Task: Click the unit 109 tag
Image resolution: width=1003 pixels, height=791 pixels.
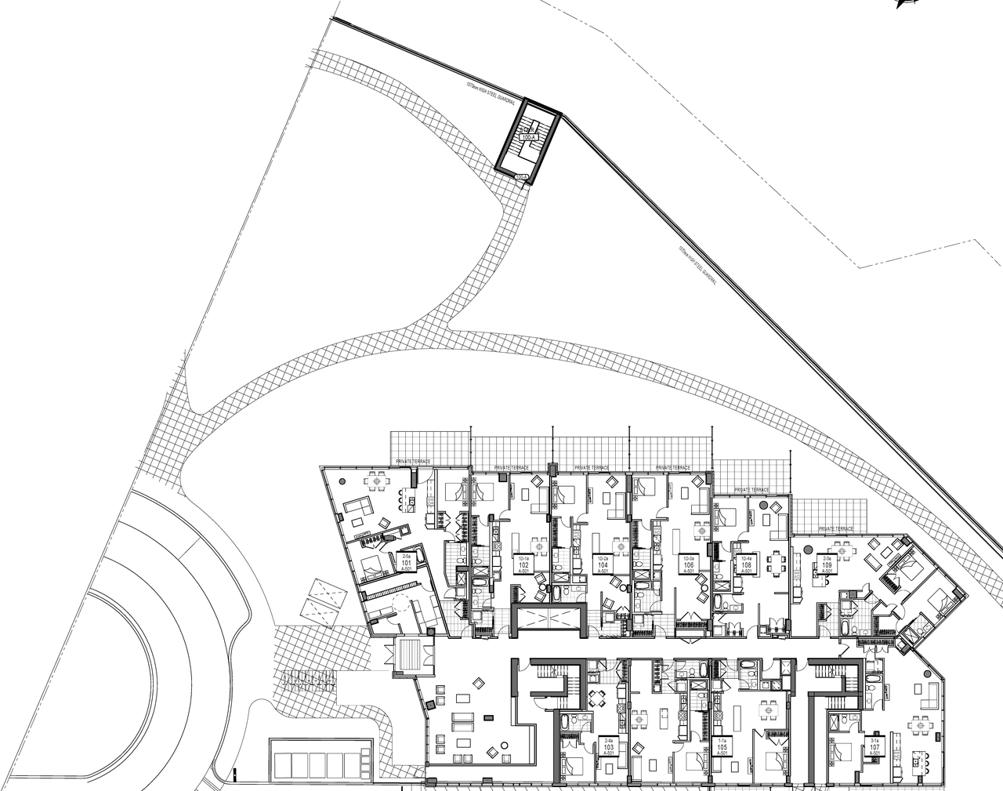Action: (x=827, y=564)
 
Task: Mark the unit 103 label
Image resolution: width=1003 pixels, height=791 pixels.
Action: (x=608, y=745)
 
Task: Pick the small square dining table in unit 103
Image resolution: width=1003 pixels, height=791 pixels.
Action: (x=598, y=700)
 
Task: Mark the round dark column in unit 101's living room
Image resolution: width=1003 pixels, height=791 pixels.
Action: (x=342, y=480)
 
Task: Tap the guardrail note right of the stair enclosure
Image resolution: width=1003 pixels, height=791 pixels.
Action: (x=698, y=267)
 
